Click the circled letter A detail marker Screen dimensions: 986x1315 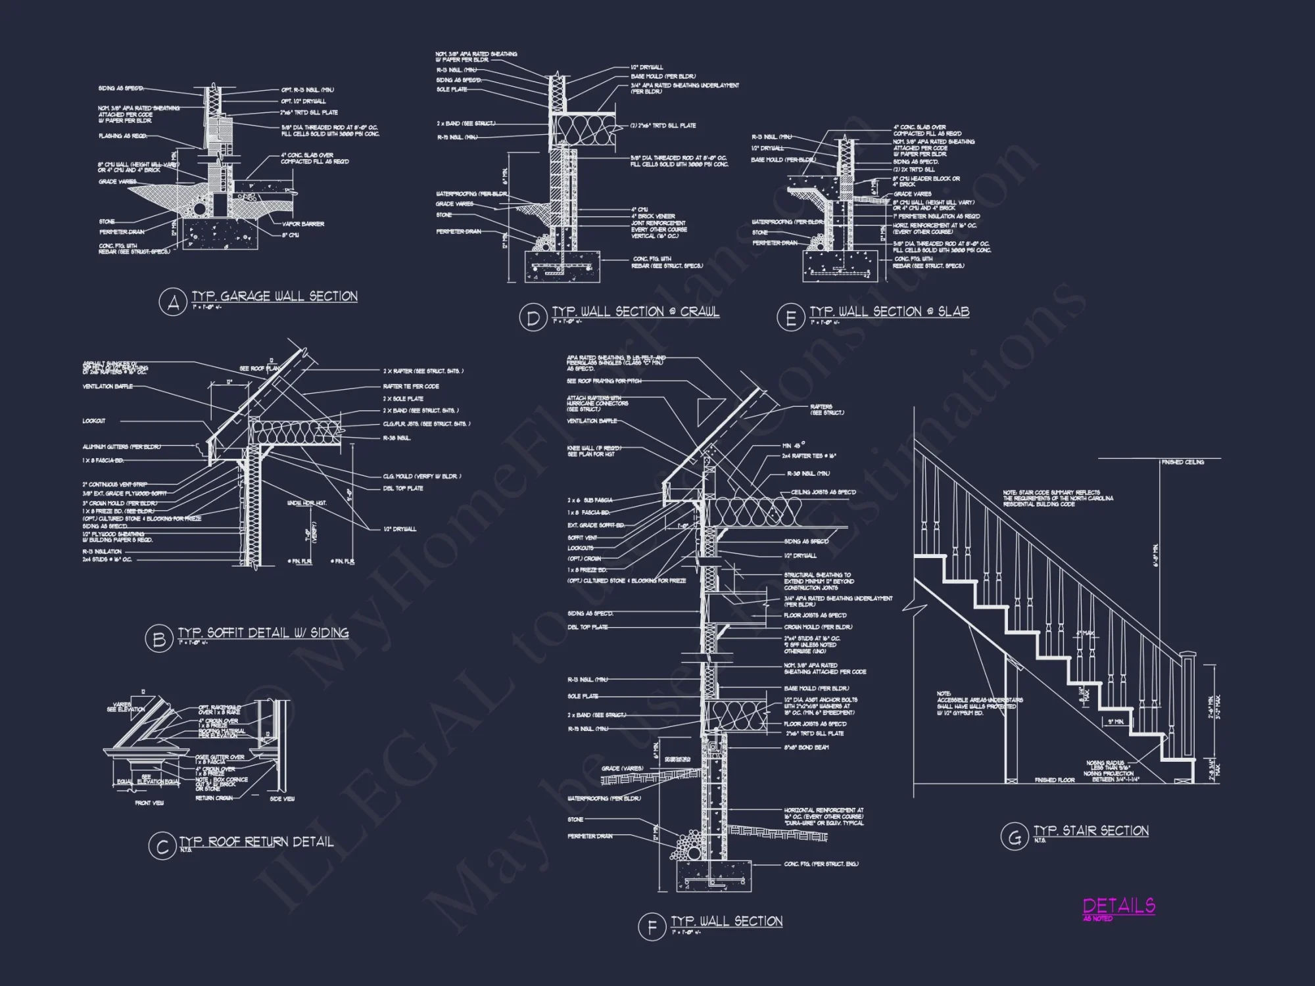(x=173, y=303)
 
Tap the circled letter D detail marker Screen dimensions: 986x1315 (x=533, y=318)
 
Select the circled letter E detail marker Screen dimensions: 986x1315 (x=790, y=318)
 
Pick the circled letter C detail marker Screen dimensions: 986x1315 (x=162, y=847)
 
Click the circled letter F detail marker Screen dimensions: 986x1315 (x=652, y=927)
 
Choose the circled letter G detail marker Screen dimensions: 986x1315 (x=1014, y=837)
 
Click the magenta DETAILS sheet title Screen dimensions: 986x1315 (x=1119, y=906)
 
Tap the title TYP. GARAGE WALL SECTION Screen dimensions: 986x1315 (x=275, y=296)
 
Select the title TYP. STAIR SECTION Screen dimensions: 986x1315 (x=1091, y=831)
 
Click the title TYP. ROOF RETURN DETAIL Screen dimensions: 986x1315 (x=256, y=842)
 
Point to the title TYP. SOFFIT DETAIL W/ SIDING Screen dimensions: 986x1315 (x=264, y=633)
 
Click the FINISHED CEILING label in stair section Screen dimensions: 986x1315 (x=1183, y=462)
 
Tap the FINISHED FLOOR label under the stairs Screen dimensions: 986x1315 (x=1055, y=780)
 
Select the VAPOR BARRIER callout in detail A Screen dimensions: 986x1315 (x=303, y=224)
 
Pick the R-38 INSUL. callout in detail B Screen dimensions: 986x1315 (x=396, y=438)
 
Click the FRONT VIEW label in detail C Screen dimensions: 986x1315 (x=149, y=803)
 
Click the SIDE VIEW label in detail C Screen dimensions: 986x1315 (x=283, y=799)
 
